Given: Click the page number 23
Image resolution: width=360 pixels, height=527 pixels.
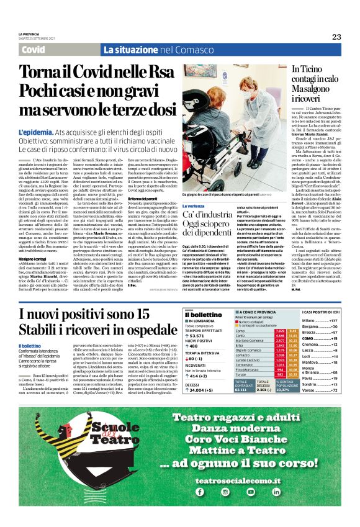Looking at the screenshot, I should pyautogui.click(x=336, y=37).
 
